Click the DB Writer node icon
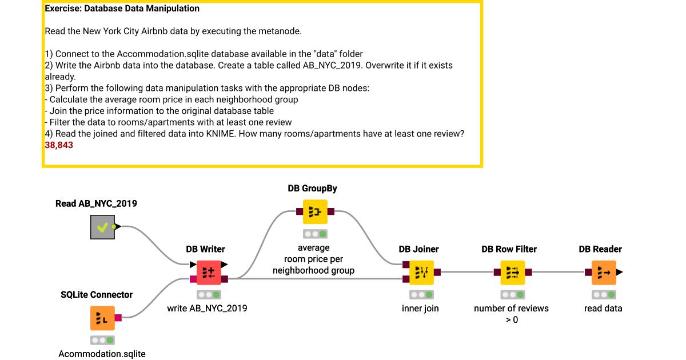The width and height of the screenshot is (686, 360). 209,273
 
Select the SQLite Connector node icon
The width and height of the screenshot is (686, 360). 102,318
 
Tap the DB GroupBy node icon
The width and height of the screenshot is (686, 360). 315,212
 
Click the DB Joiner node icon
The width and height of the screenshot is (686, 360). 421,273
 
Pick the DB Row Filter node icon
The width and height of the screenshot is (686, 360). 512,273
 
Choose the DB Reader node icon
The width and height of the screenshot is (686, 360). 603,273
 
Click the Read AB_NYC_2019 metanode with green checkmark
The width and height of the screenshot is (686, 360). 102,227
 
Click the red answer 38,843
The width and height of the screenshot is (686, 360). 59,145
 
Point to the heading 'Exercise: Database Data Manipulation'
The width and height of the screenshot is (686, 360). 122,9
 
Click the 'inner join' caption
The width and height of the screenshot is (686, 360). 420,309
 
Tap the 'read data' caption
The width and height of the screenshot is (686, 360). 603,309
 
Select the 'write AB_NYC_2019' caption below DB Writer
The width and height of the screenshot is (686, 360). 207,309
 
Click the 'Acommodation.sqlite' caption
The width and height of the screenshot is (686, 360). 102,354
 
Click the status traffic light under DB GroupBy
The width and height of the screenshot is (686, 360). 315,234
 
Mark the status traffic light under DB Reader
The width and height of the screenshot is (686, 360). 603,295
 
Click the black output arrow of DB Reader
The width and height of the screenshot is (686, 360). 620,273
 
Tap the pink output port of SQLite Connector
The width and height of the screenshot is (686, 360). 118,318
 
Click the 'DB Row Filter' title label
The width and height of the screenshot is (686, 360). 509,249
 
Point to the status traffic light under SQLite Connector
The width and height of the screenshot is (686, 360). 102,340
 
